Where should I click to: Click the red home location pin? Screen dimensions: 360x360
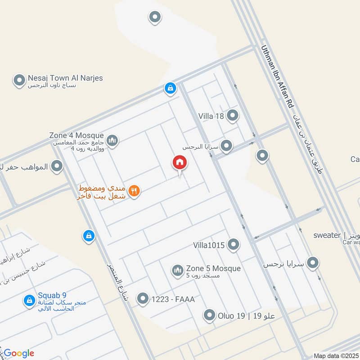(x=180, y=163)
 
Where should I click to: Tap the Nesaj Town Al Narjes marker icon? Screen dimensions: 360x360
(x=19, y=81)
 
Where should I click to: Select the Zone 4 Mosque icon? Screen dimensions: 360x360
(x=112, y=141)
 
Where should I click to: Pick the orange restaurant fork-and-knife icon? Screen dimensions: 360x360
(x=134, y=191)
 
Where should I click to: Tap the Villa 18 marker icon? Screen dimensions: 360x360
(x=233, y=116)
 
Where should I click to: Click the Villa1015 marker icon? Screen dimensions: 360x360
(x=233, y=245)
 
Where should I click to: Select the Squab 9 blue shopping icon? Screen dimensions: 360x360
(x=29, y=300)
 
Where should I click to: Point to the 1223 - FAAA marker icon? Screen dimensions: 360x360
(x=143, y=298)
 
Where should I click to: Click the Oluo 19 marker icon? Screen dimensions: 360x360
(x=209, y=315)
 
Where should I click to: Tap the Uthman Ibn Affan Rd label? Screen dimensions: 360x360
(x=277, y=76)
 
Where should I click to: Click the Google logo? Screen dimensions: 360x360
(x=18, y=353)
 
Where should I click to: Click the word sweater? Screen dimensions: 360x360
(x=327, y=235)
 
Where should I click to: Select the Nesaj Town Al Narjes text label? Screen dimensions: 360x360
(x=65, y=78)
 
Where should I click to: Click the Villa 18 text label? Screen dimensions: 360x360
(x=211, y=116)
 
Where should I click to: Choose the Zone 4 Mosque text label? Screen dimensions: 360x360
(x=76, y=135)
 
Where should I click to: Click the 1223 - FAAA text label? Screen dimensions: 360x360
(x=173, y=298)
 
